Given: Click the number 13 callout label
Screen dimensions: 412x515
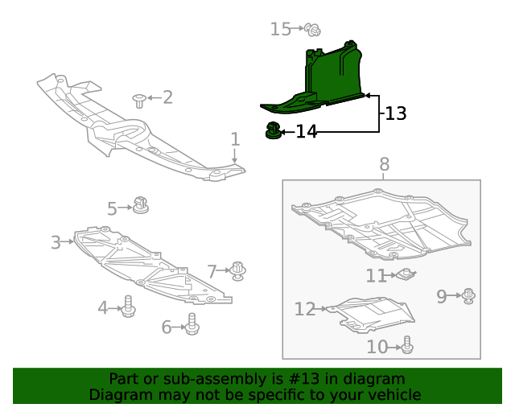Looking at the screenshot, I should (x=395, y=113).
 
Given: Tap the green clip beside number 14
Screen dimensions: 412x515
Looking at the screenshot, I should (x=274, y=130).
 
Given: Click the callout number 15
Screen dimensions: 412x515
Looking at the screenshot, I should (x=280, y=30).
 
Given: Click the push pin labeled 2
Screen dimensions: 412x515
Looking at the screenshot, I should (x=139, y=100).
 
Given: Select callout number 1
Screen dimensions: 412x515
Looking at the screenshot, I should (x=235, y=139).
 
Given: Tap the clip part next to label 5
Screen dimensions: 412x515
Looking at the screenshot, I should (x=142, y=205).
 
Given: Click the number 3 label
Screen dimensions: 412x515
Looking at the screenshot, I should (x=56, y=242).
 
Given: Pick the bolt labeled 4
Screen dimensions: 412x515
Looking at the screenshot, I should (x=128, y=307).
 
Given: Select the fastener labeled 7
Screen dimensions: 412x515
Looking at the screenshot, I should (x=238, y=270).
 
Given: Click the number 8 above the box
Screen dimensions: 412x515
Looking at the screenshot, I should (x=384, y=164).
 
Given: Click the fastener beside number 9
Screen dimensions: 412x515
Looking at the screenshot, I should (x=469, y=296).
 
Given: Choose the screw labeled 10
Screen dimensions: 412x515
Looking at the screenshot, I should (x=407, y=345).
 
